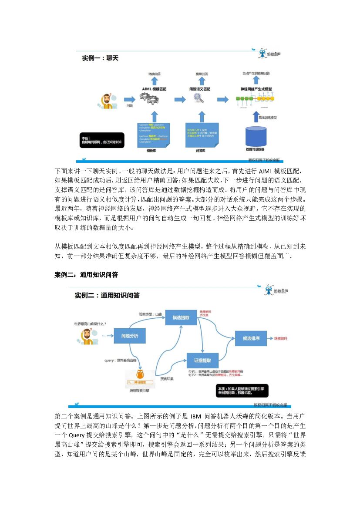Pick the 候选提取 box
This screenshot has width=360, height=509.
[x=181, y=317]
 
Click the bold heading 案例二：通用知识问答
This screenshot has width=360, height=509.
[x=86, y=275]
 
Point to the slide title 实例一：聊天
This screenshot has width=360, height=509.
[x=100, y=57]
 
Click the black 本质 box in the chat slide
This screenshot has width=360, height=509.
[x=103, y=140]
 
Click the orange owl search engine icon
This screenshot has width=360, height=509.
[x=140, y=375]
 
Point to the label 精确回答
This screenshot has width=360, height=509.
[x=155, y=75]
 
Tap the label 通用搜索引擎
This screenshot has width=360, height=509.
[x=139, y=391]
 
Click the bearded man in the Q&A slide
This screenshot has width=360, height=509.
[x=88, y=337]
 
